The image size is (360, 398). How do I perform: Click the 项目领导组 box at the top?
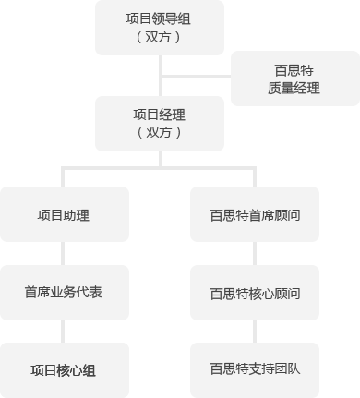159,28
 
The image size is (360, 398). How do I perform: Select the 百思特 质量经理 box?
294,78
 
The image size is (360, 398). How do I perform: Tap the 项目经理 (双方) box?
159,123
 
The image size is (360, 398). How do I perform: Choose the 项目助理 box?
64,214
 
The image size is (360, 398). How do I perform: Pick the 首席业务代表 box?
64,292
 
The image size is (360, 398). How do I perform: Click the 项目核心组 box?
64,369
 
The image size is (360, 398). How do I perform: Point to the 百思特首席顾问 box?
254,214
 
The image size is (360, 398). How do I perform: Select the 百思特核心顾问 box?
254,293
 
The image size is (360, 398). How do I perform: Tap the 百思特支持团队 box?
254,369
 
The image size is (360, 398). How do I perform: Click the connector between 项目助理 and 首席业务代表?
64,253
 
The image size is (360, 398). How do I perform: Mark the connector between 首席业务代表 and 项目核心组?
64,331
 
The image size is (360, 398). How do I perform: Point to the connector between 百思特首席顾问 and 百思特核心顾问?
254,253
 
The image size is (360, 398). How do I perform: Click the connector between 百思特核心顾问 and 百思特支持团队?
254,331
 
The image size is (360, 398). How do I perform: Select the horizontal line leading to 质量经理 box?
196,76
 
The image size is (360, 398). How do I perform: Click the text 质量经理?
294,89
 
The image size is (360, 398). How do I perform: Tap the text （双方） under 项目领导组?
159,38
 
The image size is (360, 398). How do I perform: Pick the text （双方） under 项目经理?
159,133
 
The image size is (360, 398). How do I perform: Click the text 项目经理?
159,115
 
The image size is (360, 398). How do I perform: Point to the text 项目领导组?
159,18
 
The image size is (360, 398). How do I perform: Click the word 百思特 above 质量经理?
294,69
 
